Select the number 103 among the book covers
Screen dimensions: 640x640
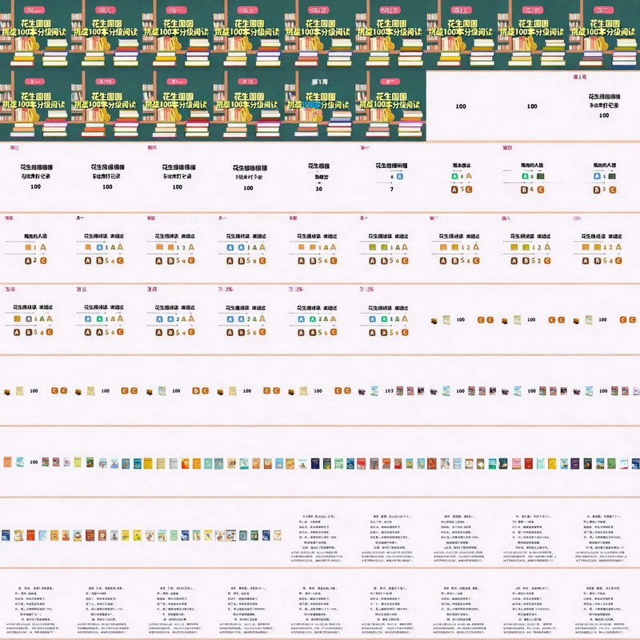click(x=389, y=391)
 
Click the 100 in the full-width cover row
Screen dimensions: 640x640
click(x=34, y=462)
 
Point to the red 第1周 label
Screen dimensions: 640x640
click(x=581, y=78)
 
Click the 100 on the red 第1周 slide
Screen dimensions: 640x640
click(x=603, y=116)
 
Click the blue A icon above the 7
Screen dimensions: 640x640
click(x=391, y=176)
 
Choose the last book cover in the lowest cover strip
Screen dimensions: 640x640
click(x=266, y=534)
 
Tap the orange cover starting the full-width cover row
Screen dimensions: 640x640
click(x=7, y=462)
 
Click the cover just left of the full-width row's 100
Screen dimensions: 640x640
click(x=19, y=462)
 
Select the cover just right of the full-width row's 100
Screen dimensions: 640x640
click(x=46, y=462)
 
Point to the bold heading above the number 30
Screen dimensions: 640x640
click(x=319, y=166)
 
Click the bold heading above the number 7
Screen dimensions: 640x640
click(x=390, y=166)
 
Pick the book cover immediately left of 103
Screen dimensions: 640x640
click(x=374, y=391)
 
